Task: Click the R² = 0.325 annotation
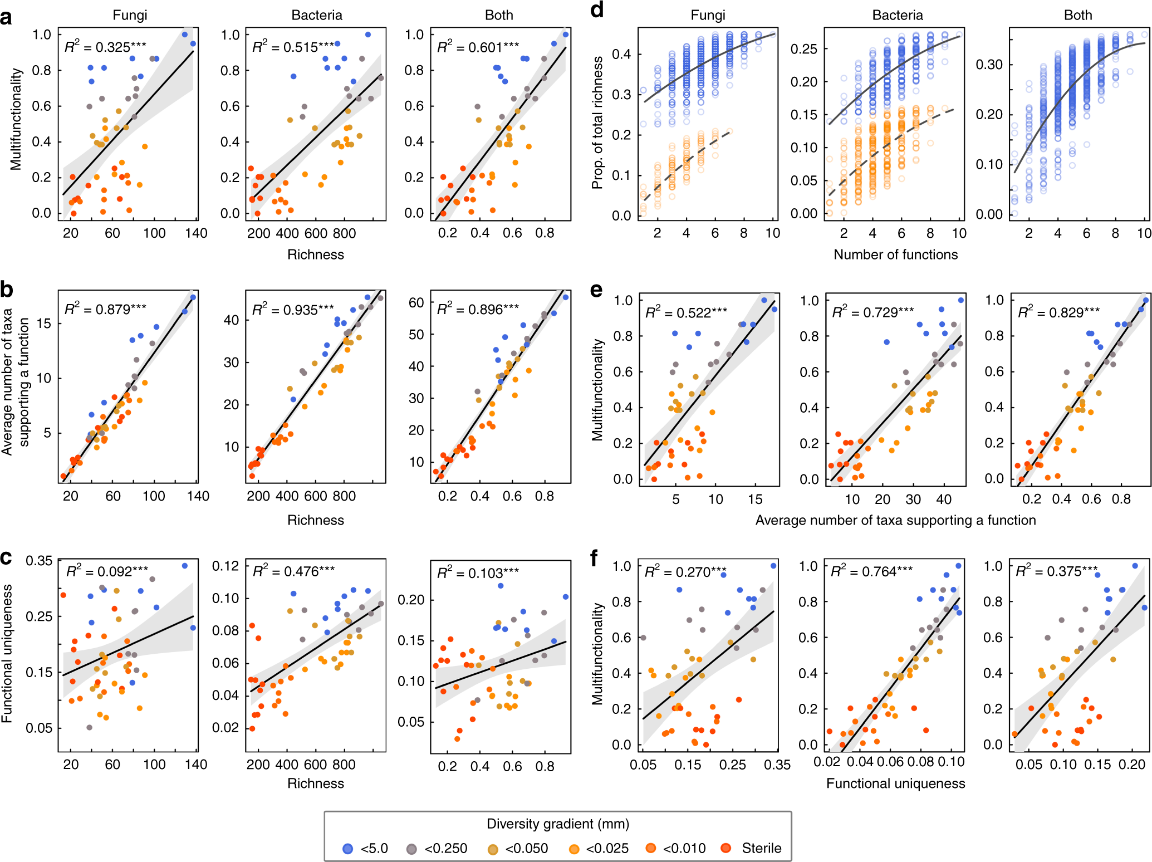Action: (105, 47)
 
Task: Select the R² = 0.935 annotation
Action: (293, 310)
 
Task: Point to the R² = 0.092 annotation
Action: (107, 571)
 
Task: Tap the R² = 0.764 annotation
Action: (871, 571)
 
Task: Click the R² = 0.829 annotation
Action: (1058, 312)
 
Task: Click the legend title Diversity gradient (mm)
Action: (558, 824)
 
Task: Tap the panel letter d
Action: (597, 10)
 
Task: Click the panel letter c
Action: (6, 557)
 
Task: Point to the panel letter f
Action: (595, 557)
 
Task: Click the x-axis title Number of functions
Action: (895, 254)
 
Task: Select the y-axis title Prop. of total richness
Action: (597, 123)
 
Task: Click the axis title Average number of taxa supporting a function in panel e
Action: (895, 520)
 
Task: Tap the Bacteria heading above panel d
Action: (897, 15)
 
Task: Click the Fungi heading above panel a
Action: (130, 15)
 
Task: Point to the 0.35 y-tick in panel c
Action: (39, 561)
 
